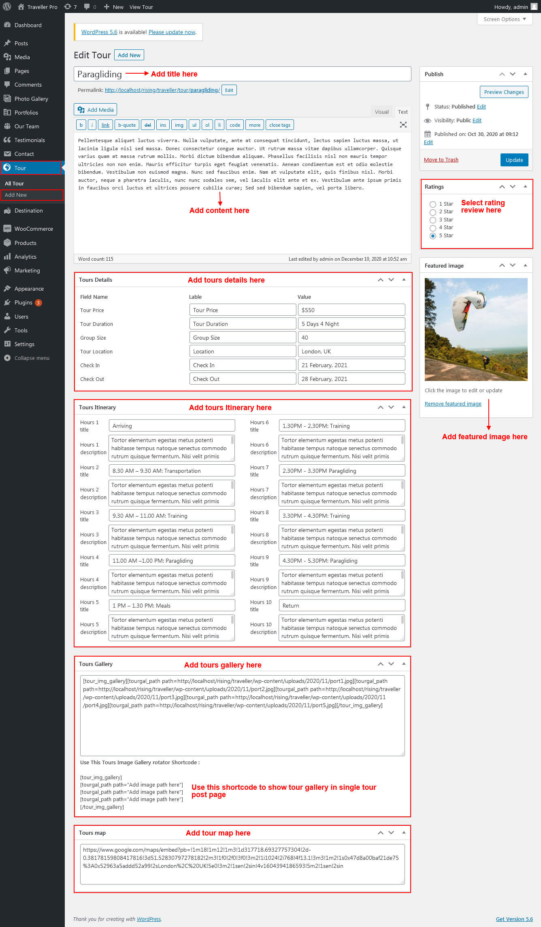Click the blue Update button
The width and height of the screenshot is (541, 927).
(514, 160)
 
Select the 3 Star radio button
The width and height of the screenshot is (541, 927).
(433, 220)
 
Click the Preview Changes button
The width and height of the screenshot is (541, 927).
(503, 92)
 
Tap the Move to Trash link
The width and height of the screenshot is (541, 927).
(441, 160)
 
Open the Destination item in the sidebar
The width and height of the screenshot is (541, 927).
(28, 210)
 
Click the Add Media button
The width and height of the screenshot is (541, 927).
(96, 110)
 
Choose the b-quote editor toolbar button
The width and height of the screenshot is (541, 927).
(127, 125)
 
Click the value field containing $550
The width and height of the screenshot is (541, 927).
(351, 310)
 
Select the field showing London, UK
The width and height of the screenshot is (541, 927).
(351, 351)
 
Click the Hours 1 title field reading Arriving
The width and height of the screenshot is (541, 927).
(172, 426)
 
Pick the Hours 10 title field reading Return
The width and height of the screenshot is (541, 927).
(341, 606)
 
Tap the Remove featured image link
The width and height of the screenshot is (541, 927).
(453, 404)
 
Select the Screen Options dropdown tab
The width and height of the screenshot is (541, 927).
(505, 19)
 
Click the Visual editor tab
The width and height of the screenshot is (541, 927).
(381, 112)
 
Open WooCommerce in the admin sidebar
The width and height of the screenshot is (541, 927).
(34, 229)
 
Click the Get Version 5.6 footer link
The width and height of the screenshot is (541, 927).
(514, 919)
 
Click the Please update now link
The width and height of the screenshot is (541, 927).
(172, 32)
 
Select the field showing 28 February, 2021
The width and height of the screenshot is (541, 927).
(351, 379)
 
